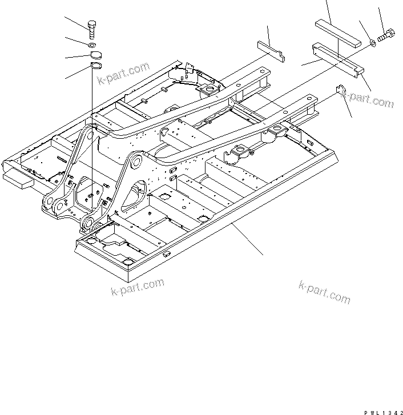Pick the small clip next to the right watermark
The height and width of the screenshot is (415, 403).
341,91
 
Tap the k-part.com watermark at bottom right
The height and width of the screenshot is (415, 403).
324,292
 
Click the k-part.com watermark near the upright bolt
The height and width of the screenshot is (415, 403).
123,74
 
